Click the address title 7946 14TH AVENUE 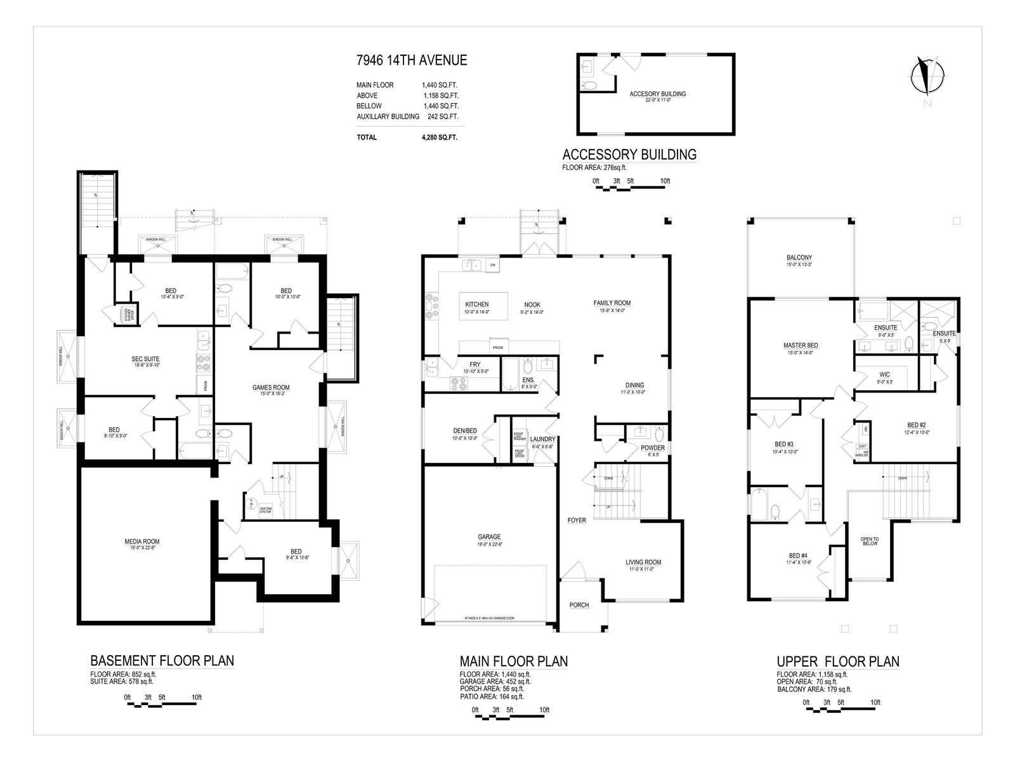click(411, 60)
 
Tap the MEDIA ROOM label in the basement click(141, 542)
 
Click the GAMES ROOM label click(271, 387)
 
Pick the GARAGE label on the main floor click(489, 537)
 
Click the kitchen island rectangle click(485, 308)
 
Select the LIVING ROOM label click(643, 562)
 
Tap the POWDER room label click(653, 448)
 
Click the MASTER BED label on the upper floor click(801, 346)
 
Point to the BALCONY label click(799, 257)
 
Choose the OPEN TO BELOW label click(870, 541)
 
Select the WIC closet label click(884, 374)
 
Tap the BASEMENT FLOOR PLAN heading click(162, 660)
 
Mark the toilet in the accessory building click(589, 85)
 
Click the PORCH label click(579, 605)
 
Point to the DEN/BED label click(464, 431)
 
